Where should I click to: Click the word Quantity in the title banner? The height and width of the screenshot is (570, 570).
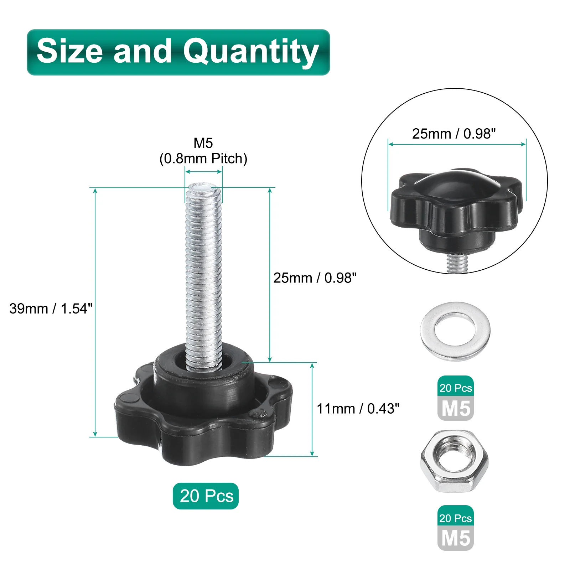(x=251, y=52)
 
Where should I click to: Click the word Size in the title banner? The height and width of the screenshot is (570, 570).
(x=70, y=51)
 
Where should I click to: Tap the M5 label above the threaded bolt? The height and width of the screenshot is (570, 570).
(x=203, y=143)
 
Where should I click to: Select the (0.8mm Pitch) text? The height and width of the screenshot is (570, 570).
(x=203, y=159)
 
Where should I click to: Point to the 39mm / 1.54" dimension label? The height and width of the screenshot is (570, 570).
(x=51, y=309)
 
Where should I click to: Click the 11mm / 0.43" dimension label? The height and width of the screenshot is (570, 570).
(x=358, y=409)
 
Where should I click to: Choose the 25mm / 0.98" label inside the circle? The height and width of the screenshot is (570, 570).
(x=454, y=134)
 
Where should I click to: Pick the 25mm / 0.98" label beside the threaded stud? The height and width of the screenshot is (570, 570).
(x=315, y=278)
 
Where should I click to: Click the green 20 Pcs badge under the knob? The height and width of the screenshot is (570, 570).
(x=206, y=496)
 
